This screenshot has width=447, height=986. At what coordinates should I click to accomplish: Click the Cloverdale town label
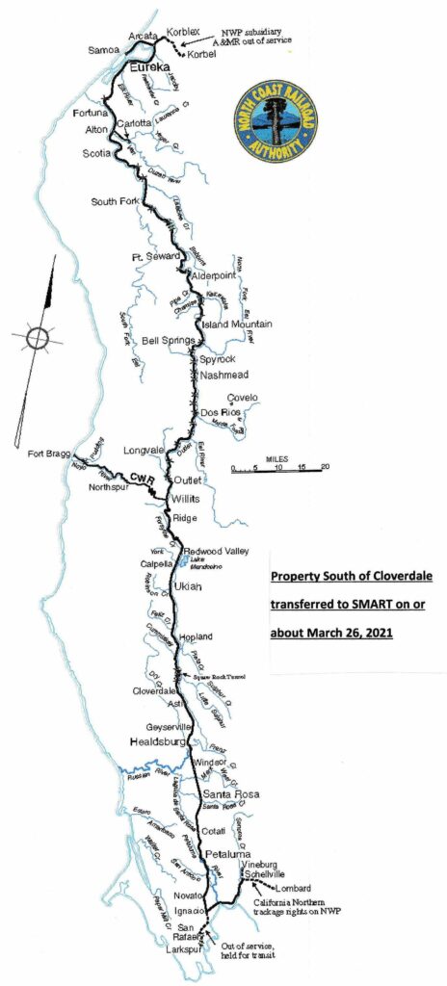155,690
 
